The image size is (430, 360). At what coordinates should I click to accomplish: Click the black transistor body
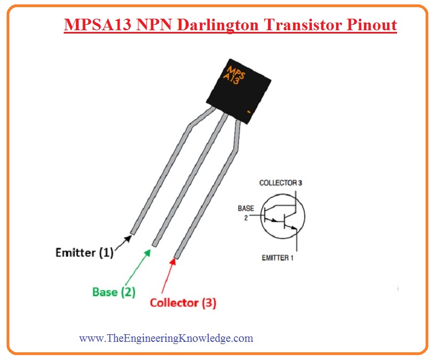click(x=238, y=87)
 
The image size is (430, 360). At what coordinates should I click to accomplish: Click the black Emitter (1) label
click(x=84, y=253)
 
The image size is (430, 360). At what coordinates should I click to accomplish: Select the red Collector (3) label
click(x=183, y=302)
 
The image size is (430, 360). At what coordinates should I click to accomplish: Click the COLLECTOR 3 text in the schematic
click(x=280, y=182)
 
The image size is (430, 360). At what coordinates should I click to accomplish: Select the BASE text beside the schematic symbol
click(x=246, y=209)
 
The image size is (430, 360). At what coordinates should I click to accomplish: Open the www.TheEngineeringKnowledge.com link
click(x=166, y=338)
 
